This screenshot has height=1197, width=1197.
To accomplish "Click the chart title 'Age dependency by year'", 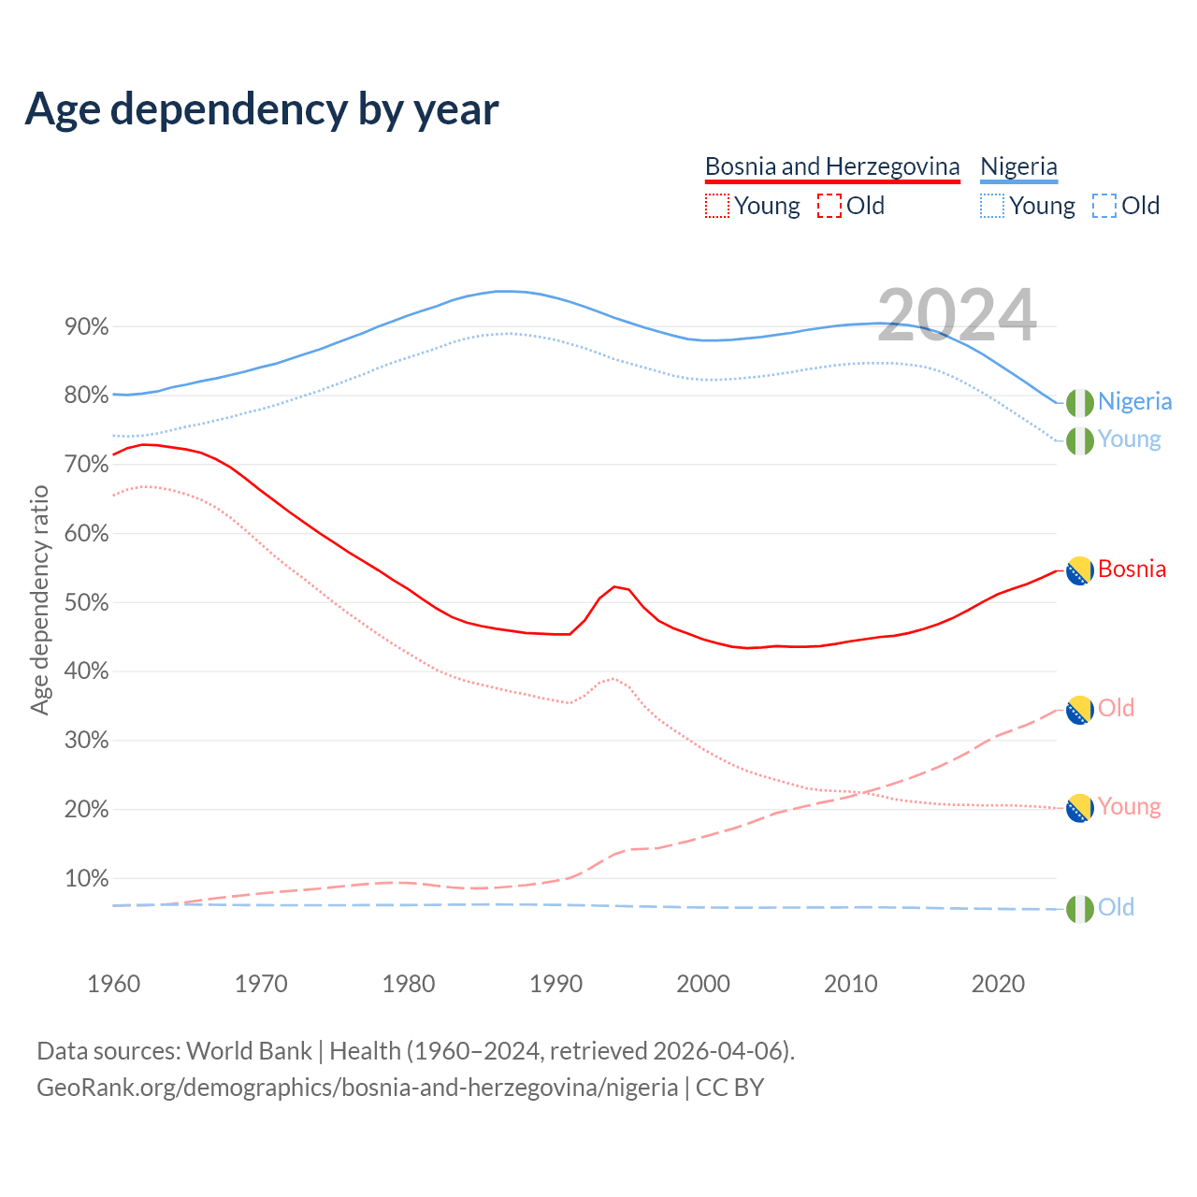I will [x=262, y=109].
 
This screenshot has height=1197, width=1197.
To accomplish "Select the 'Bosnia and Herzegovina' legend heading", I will [x=832, y=166].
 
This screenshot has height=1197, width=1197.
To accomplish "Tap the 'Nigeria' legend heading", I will [x=1018, y=166].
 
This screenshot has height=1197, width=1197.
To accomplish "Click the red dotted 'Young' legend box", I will [x=716, y=206].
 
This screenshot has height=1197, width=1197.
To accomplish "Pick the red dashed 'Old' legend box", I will [x=829, y=206].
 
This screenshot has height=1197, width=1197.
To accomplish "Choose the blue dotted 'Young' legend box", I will [x=992, y=206].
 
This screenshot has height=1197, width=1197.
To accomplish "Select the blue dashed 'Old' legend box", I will [x=1104, y=206].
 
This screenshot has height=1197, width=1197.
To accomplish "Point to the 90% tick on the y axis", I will [x=86, y=327].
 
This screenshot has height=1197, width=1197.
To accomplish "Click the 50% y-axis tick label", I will [x=86, y=603].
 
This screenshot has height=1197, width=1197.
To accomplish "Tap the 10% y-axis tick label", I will [x=86, y=879].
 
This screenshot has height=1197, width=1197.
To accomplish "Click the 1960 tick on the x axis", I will [x=113, y=984].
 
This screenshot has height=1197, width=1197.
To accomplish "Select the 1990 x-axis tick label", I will [x=555, y=984].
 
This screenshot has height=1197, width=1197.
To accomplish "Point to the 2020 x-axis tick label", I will [x=998, y=984].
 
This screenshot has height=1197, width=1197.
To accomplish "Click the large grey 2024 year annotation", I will [x=957, y=315].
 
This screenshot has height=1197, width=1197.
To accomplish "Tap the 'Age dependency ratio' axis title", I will [x=39, y=599].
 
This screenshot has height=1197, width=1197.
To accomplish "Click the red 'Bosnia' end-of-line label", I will [x=1132, y=570].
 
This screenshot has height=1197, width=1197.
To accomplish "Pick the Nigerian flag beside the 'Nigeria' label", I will [x=1080, y=402].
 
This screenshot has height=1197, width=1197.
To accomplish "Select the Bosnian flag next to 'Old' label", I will [x=1080, y=710].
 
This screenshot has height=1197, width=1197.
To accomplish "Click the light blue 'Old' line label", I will [x=1116, y=908].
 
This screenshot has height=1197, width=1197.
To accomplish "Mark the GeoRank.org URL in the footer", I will [x=357, y=1088].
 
